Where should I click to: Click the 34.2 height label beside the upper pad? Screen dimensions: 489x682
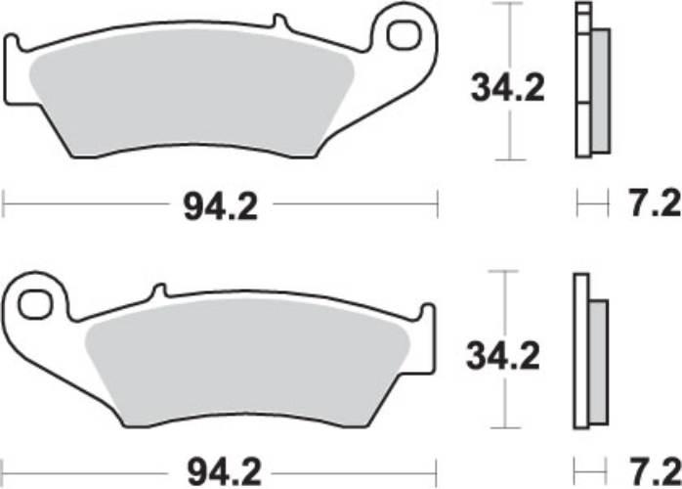pyautogui.click(x=508, y=88)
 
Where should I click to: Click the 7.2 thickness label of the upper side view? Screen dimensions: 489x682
pyautogui.click(x=651, y=206)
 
